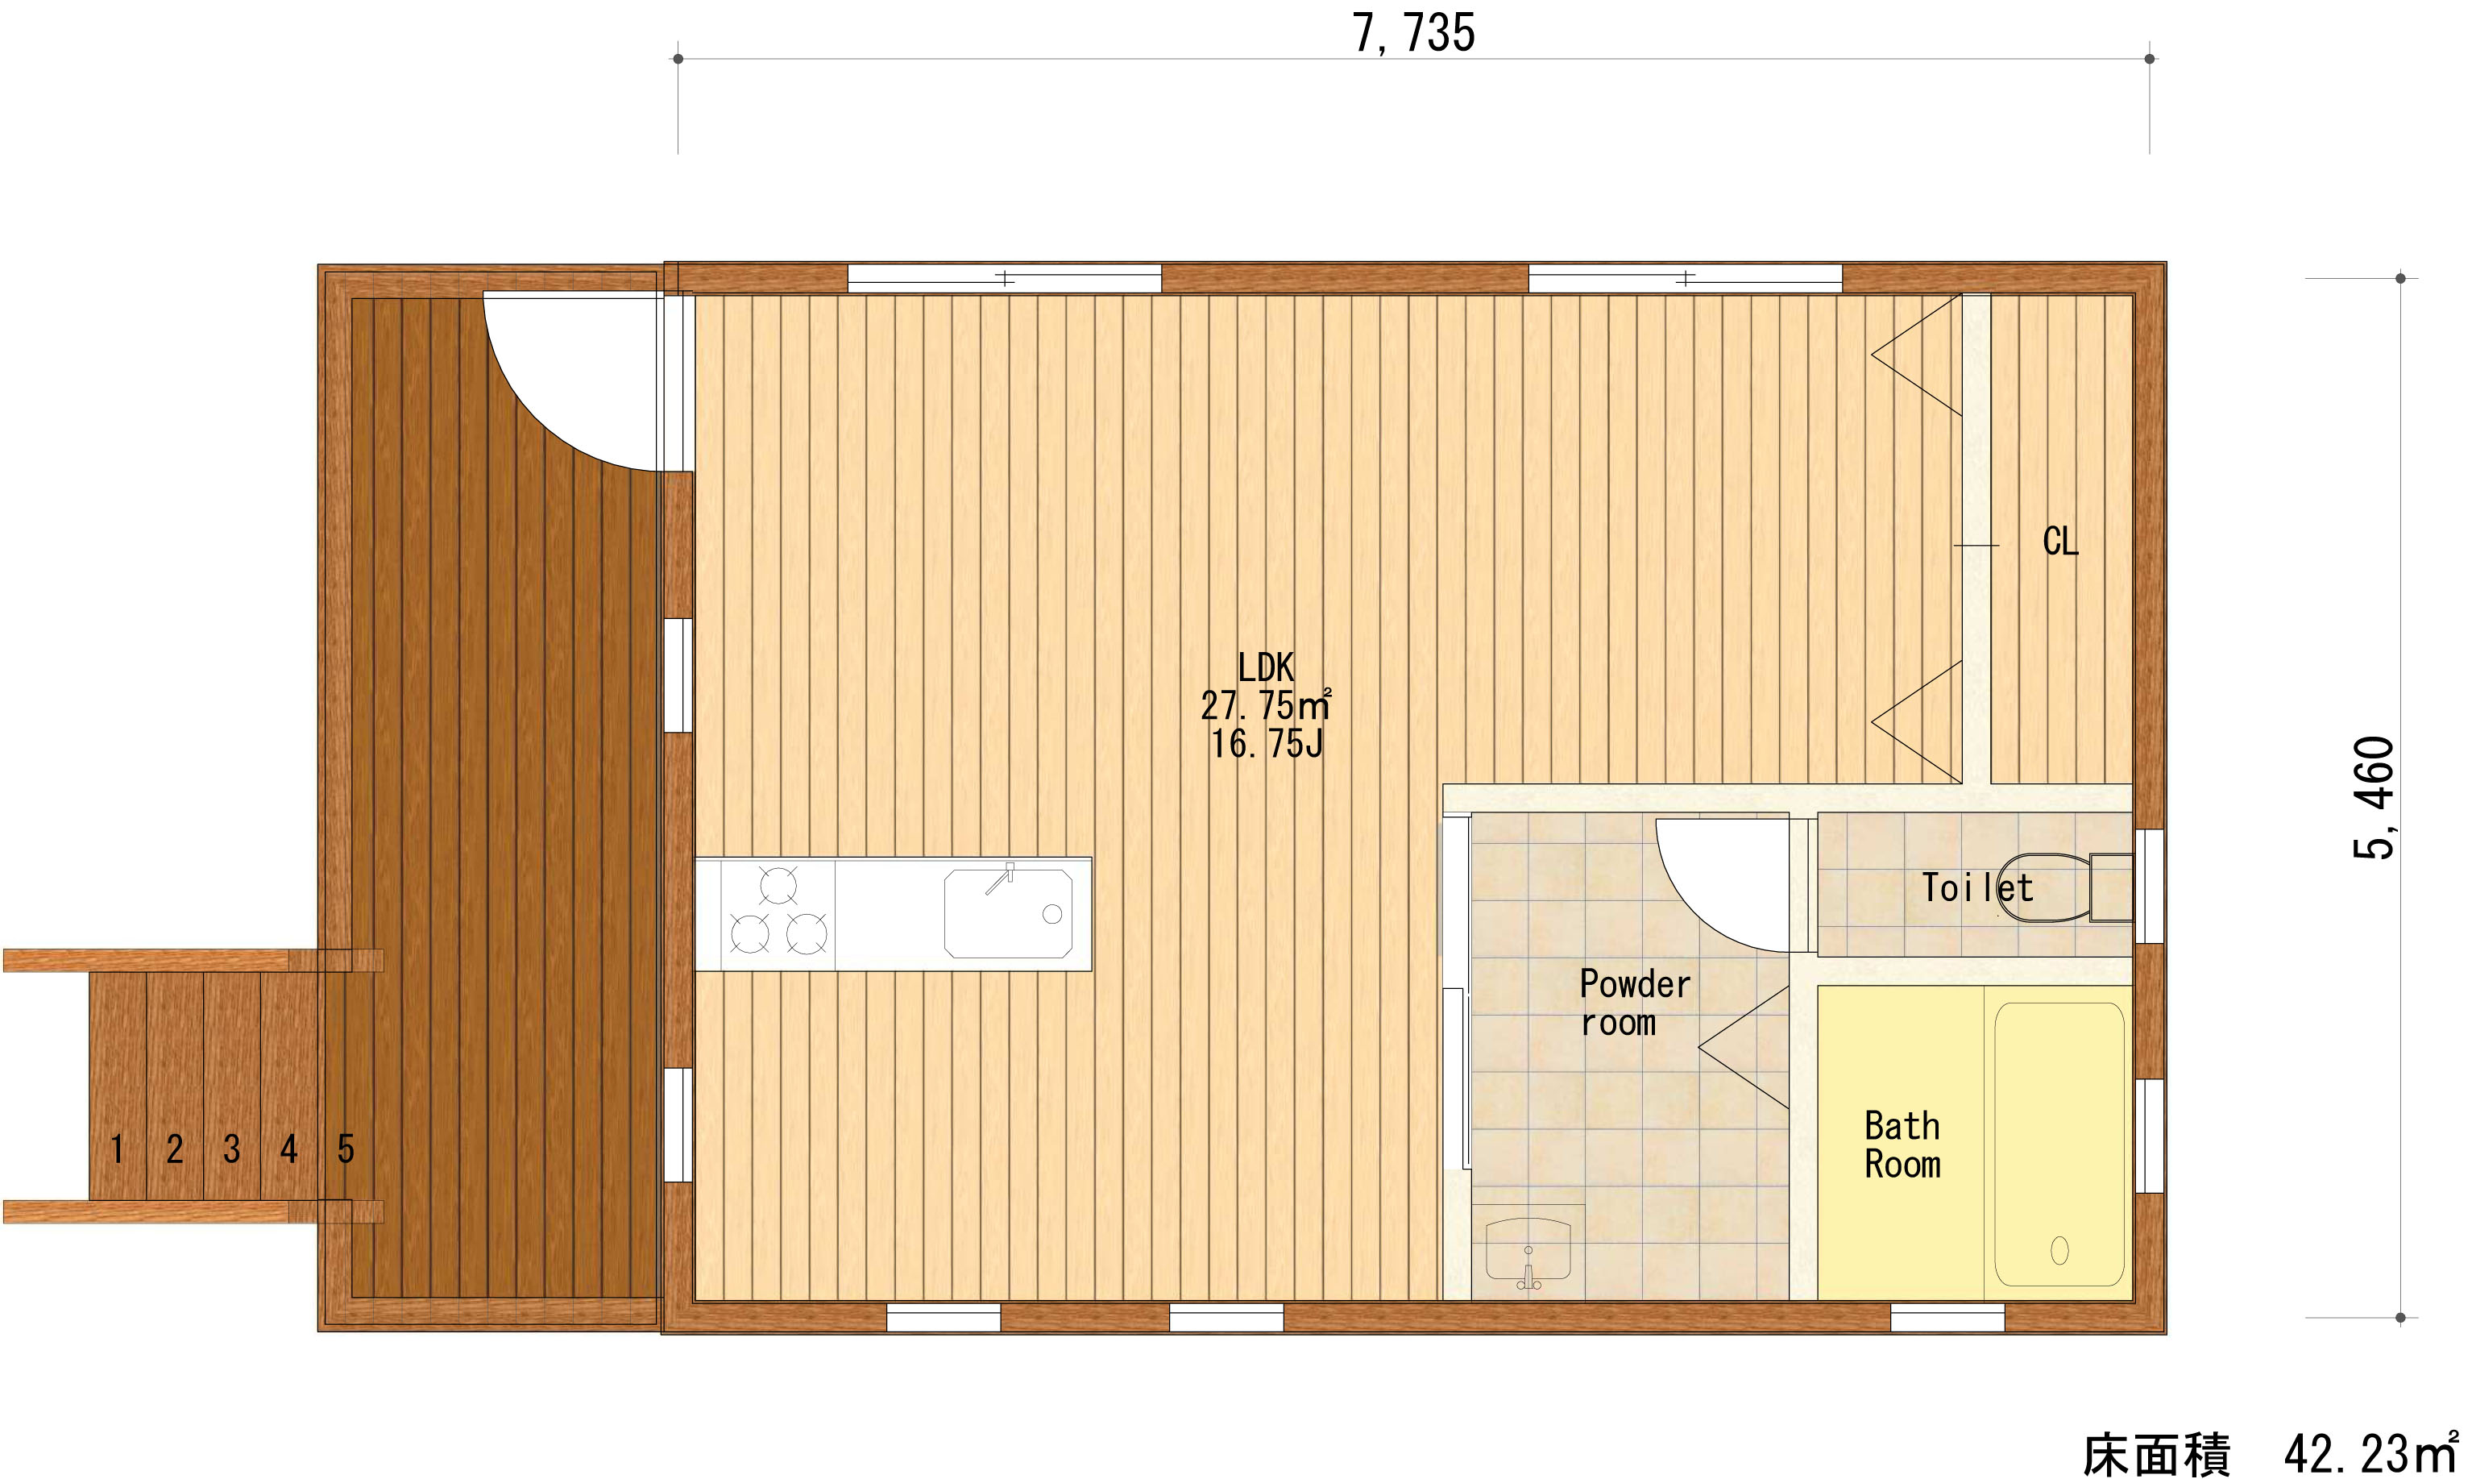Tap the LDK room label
(1265, 667)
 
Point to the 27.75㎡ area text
(1265, 705)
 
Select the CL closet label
(2060, 541)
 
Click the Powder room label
(1634, 1003)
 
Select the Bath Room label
(1902, 1145)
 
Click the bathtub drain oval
(2059, 1250)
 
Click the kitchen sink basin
(1008, 914)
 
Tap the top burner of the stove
(778, 885)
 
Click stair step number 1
(118, 1149)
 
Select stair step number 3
(232, 1149)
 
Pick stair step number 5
(346, 1149)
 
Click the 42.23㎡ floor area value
(2370, 1453)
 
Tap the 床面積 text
(2156, 1455)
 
